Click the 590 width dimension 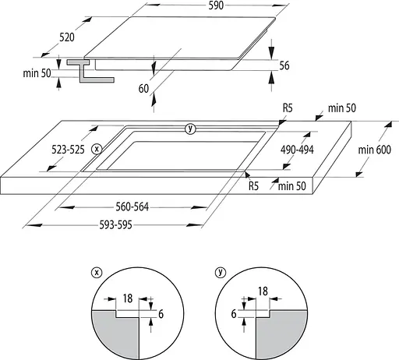tap(216, 5)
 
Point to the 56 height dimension tap(284, 65)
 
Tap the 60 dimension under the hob tap(143, 89)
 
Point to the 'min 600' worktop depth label tap(373, 150)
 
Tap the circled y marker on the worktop tap(190, 129)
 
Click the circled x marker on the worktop tap(96, 148)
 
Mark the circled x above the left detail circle tap(96, 272)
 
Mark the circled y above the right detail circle tap(222, 272)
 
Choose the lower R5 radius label tap(253, 186)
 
